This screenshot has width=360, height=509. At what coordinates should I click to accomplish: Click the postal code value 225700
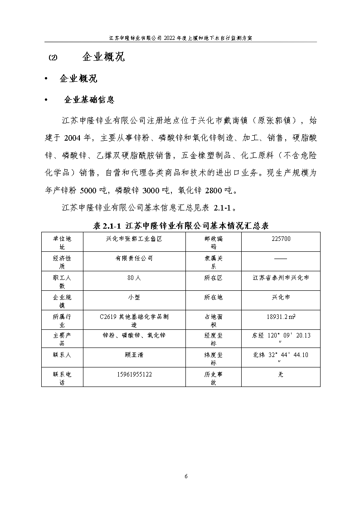tap(281, 239)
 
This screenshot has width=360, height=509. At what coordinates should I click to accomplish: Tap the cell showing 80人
tap(134, 278)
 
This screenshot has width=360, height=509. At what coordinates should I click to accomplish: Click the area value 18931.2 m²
tap(281, 317)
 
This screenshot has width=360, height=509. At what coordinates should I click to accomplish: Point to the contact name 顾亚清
tap(134, 355)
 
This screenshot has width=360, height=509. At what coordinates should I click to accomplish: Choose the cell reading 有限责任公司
tap(134, 258)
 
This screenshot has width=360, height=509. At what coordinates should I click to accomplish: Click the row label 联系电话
tap(62, 378)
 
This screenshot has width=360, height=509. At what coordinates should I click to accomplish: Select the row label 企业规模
tap(62, 301)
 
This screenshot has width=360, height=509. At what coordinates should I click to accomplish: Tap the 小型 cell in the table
tap(134, 297)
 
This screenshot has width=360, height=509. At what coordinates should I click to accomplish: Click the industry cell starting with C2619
tap(134, 320)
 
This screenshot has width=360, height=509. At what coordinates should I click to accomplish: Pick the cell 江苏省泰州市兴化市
tap(281, 278)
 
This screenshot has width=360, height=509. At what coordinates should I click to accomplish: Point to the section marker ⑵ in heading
tap(53, 58)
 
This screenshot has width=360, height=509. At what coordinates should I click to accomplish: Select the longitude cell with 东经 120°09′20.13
tap(281, 339)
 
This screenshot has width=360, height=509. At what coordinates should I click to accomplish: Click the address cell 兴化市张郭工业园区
tap(134, 239)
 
